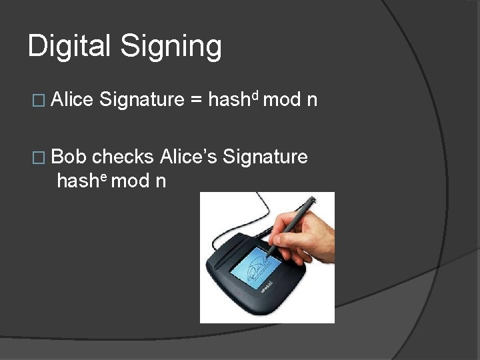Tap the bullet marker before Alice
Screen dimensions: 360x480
[x=38, y=101]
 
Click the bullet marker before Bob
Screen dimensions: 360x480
[x=38, y=158]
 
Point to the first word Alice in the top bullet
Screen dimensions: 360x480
[x=71, y=100]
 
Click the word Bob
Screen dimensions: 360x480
[x=69, y=157]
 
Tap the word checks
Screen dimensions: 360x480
[x=123, y=157]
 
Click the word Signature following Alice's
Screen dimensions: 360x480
[x=265, y=158]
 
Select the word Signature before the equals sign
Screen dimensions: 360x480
[x=141, y=101]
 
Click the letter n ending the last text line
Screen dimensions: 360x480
[x=160, y=181]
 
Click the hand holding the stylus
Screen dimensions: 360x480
[x=303, y=237]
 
